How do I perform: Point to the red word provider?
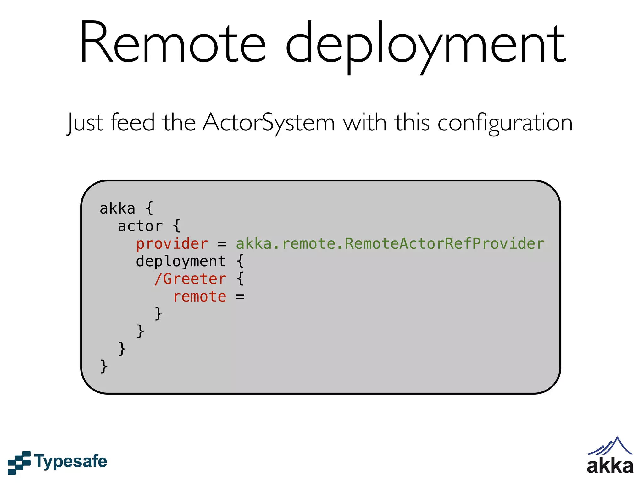(x=172, y=244)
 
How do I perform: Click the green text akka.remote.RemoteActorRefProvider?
(x=390, y=244)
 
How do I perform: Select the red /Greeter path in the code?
(x=190, y=279)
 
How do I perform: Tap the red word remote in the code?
(x=200, y=297)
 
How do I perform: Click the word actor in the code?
(x=140, y=226)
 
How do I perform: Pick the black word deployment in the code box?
(x=181, y=262)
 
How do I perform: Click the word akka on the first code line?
(x=117, y=209)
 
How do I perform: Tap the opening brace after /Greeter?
(x=240, y=279)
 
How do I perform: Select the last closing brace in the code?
(x=104, y=366)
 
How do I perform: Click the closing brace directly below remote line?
(x=158, y=314)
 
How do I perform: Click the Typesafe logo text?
(x=71, y=462)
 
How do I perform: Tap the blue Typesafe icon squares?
(x=19, y=462)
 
